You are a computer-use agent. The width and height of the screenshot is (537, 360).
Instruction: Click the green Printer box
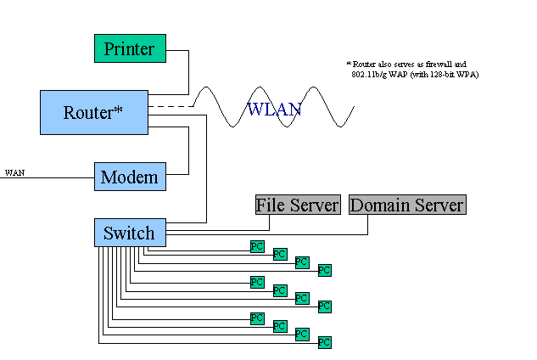[x=130, y=48]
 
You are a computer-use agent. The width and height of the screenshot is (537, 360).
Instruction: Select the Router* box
[x=94, y=112]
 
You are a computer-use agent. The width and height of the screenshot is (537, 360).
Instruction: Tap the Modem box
[x=130, y=177]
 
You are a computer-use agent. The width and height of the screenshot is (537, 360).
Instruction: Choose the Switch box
[x=130, y=233]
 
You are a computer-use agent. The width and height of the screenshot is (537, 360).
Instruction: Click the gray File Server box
[x=298, y=205]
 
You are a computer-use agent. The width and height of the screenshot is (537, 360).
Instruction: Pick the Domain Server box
[x=407, y=205]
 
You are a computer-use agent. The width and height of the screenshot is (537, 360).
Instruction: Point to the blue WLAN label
[x=274, y=110]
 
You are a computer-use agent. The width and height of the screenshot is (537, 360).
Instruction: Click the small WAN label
[x=14, y=172]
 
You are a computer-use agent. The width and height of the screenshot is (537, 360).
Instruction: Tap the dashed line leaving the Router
[x=171, y=106]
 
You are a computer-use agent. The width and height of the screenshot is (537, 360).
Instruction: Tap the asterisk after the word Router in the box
[x=118, y=110]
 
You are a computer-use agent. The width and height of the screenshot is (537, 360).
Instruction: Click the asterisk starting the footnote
[x=349, y=63]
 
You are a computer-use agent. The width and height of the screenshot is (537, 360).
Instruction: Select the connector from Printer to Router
[x=188, y=72]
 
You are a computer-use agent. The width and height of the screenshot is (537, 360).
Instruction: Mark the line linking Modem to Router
[x=188, y=151]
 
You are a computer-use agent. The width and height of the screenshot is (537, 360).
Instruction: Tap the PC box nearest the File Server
[x=257, y=246]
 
